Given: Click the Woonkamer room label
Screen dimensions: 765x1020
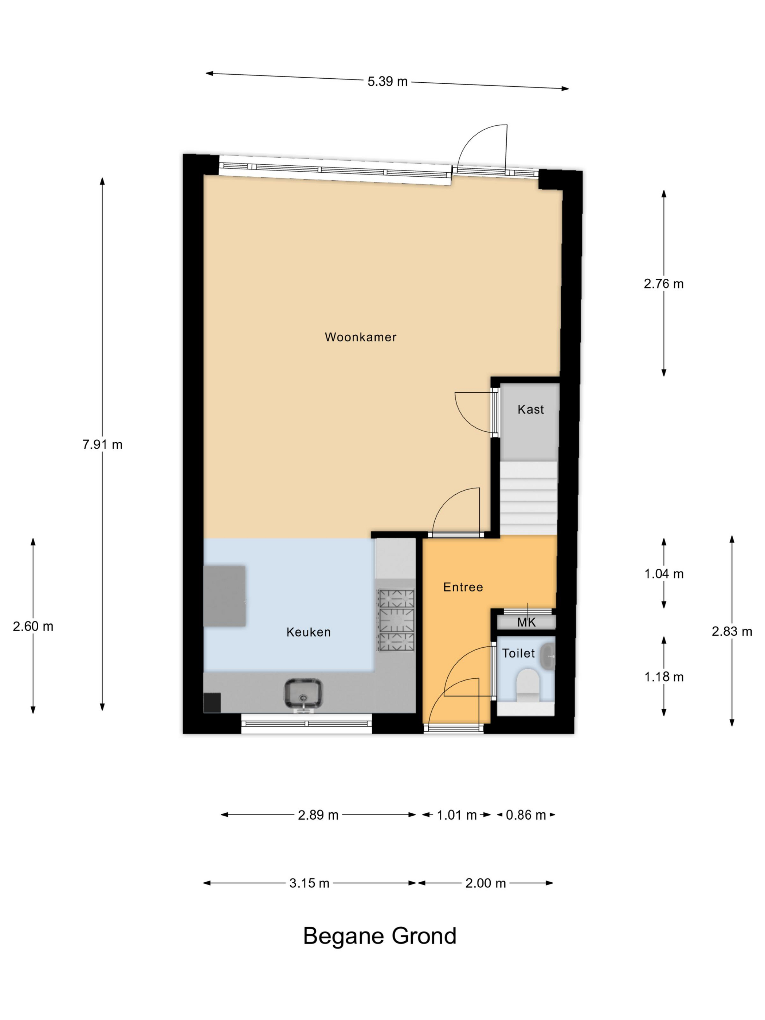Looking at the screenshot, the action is [x=360, y=337].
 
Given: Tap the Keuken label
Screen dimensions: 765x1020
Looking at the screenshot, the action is [x=309, y=632].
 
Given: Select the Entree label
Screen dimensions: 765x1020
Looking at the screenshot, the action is [x=463, y=587].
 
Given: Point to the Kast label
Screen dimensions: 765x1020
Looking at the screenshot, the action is [x=530, y=409].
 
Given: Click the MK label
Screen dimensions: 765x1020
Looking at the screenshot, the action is [x=527, y=623].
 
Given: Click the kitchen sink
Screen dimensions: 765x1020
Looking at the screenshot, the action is [x=303, y=694].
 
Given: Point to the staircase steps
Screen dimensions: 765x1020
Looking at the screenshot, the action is [x=529, y=498].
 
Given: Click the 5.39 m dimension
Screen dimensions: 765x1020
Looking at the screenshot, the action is [x=387, y=82].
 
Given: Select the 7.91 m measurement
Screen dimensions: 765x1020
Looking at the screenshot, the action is [x=102, y=444].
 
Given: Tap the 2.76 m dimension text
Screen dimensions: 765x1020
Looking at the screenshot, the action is [x=664, y=283].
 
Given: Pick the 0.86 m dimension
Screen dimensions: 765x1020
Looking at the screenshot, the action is [x=526, y=815].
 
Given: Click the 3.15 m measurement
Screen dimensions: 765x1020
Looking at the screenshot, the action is [x=309, y=883].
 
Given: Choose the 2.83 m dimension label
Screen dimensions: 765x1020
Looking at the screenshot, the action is [x=732, y=631].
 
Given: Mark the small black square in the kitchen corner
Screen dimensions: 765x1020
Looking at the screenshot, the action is [x=212, y=703].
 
